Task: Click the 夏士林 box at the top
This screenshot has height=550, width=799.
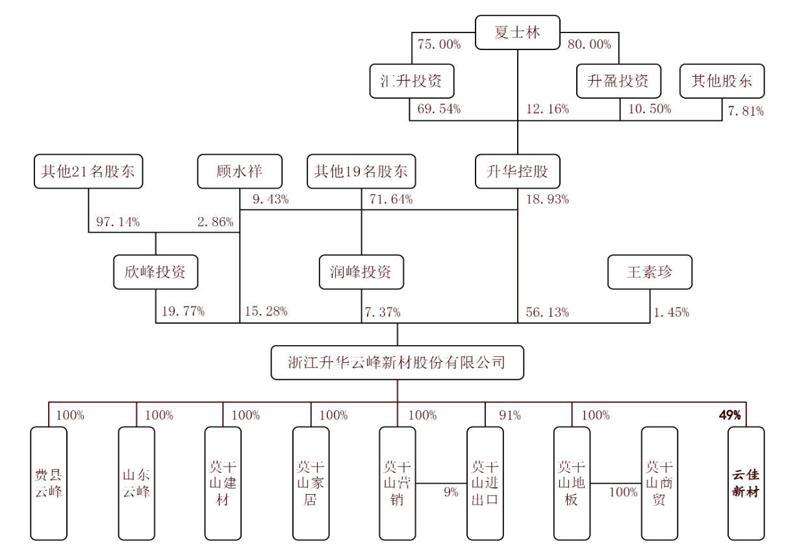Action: [x=517, y=33]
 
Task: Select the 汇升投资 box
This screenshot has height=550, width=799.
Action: [x=411, y=81]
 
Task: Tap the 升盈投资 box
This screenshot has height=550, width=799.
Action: [x=618, y=81]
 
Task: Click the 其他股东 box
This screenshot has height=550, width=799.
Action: [x=722, y=81]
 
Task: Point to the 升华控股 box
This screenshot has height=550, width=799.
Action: [x=517, y=172]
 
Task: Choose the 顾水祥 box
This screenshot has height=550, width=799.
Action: [x=240, y=172]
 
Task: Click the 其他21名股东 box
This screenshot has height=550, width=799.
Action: [x=88, y=172]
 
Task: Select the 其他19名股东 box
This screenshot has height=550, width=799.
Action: [x=361, y=172]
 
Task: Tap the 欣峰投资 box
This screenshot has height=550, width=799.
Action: [x=156, y=272]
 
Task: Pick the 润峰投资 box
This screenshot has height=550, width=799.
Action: [x=361, y=272]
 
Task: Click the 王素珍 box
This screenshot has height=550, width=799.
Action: [x=650, y=272]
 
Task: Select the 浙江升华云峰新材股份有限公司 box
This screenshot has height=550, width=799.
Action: [x=397, y=362]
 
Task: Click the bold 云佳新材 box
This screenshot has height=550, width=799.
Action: [x=746, y=483]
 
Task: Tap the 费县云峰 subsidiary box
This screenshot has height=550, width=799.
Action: [x=49, y=483]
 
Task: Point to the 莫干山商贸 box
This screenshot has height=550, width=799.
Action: [x=659, y=483]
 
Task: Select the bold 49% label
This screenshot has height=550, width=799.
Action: [x=729, y=415]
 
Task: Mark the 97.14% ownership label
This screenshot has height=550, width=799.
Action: [x=118, y=222]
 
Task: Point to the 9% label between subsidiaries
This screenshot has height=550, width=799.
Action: [x=451, y=492]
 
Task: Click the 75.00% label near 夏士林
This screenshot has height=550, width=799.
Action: [x=440, y=45]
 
